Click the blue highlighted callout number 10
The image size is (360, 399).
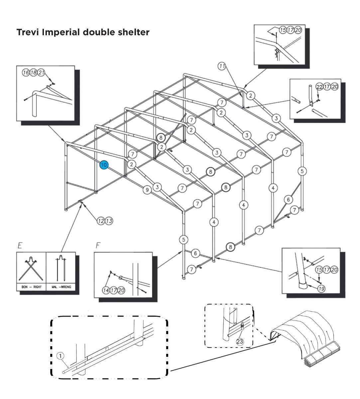(104, 165)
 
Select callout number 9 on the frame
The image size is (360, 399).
(147, 190)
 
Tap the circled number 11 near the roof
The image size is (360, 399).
(222, 66)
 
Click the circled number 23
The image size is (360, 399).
(240, 341)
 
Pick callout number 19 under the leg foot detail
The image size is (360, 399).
(321, 289)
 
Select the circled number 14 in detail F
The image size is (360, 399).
(106, 290)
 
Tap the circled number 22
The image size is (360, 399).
(319, 87)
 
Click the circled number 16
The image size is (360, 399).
(26, 72)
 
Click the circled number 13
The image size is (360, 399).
(109, 220)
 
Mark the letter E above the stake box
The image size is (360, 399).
(20, 246)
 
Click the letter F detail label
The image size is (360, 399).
(98, 246)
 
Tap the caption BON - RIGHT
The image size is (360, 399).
(31, 287)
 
